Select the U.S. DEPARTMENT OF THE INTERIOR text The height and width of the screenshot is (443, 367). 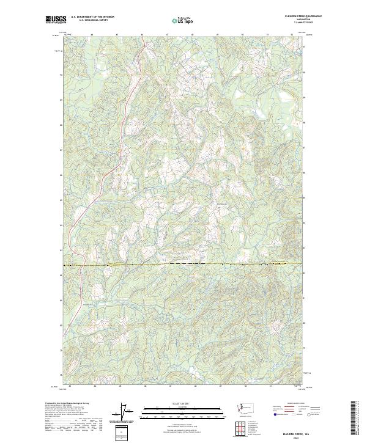pyautogui.click(x=92, y=17)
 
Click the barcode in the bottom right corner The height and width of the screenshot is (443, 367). pyautogui.click(x=354, y=419)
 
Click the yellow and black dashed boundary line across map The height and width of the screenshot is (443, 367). pyautogui.click(x=183, y=265)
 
